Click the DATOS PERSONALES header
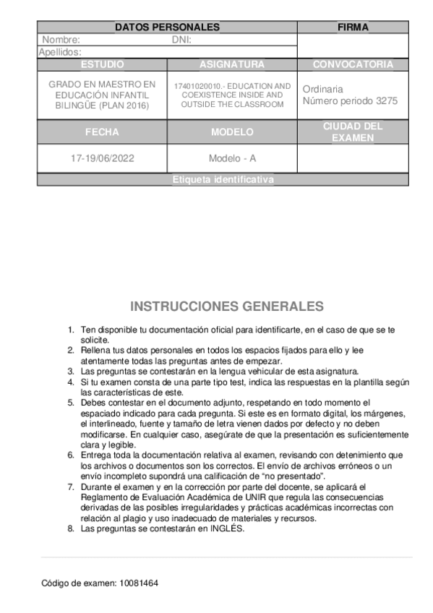coord(167,27)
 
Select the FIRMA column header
coord(353,27)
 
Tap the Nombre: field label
coord(61,40)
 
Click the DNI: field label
coord(181,40)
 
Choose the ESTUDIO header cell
coord(102,64)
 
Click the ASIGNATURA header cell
coord(232,64)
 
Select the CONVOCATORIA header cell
coord(353,64)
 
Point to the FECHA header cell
coord(102,132)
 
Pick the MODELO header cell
coord(232,132)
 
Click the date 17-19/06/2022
coord(102,158)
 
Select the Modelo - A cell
coord(232,158)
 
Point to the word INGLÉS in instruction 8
coord(226,528)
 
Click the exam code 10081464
coord(137,582)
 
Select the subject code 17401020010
coord(194,86)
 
